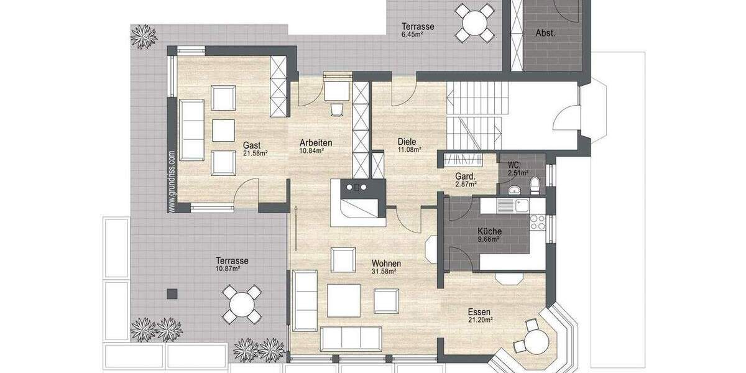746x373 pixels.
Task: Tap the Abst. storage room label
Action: (x=545, y=34)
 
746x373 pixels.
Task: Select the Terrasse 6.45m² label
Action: (x=417, y=30)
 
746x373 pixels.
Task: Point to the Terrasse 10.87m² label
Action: (x=232, y=264)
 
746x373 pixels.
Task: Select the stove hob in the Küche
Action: (x=538, y=222)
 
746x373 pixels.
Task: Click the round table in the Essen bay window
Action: (x=534, y=341)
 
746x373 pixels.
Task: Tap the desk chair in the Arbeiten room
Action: (x=336, y=109)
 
